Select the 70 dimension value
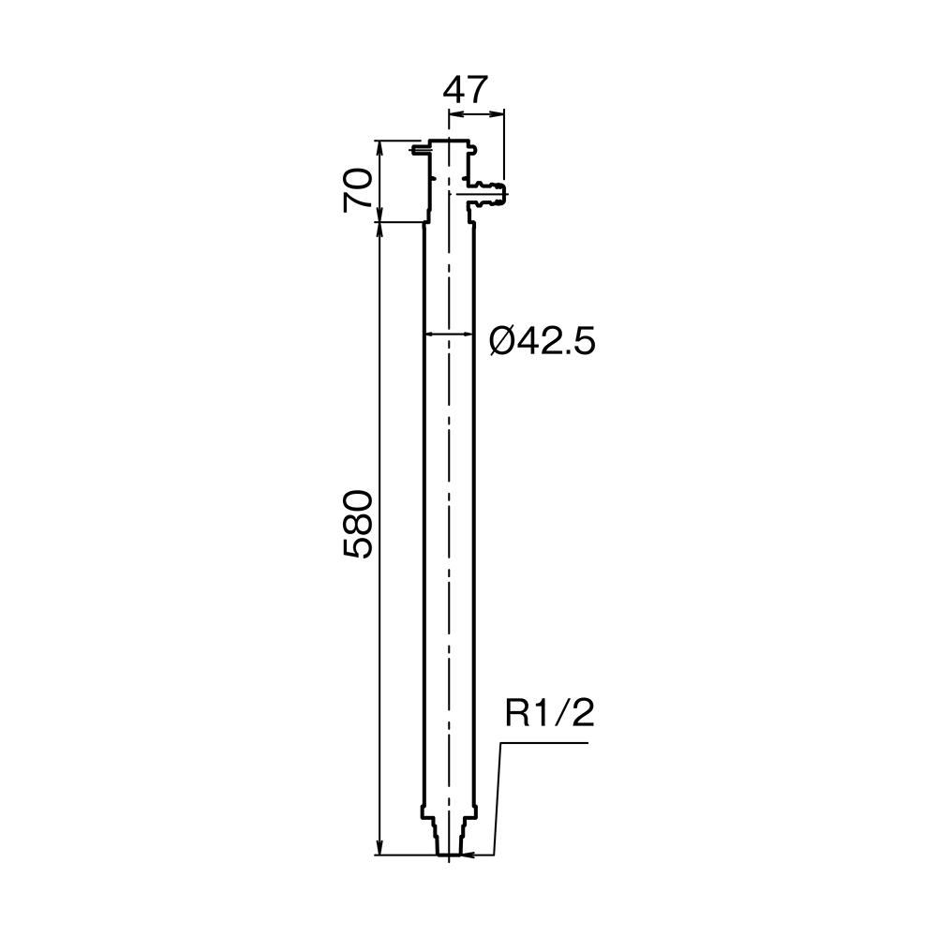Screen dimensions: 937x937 pyautogui.click(x=358, y=190)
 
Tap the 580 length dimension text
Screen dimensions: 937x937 pyautogui.click(x=358, y=524)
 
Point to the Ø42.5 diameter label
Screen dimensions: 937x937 pyautogui.click(x=542, y=342)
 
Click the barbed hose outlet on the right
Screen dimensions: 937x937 pyautogui.click(x=491, y=192)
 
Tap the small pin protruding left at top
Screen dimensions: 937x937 pyautogui.click(x=418, y=149)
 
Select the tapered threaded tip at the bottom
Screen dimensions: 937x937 pyautogui.click(x=449, y=839)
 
